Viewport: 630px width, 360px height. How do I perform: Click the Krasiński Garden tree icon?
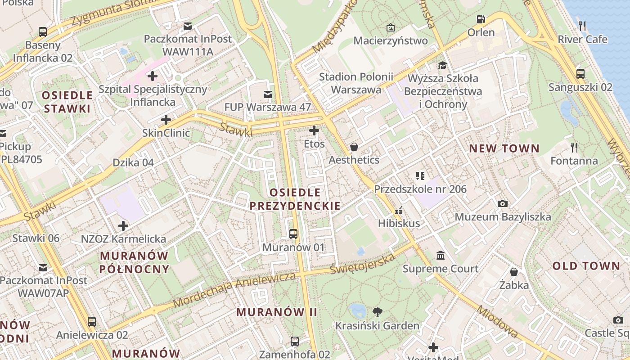click(x=378, y=312)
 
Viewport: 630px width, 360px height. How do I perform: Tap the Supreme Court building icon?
click(x=441, y=256)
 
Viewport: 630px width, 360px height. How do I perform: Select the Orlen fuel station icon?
click(x=481, y=19)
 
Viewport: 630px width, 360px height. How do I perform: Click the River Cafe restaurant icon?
click(x=583, y=26)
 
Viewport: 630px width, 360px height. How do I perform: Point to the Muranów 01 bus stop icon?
click(x=293, y=234)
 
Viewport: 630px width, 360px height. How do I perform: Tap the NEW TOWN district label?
click(x=504, y=148)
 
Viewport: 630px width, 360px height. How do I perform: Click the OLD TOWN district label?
click(x=586, y=266)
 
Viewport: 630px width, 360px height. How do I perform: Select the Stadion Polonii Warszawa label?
click(x=356, y=83)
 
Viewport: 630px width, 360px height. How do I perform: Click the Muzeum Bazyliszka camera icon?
click(x=503, y=204)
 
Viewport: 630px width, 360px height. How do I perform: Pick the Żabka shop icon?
click(x=513, y=272)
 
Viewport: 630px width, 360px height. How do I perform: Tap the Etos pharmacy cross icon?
click(x=314, y=131)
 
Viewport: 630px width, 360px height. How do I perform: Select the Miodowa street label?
click(x=497, y=322)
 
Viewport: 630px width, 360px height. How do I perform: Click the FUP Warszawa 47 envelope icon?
click(x=268, y=94)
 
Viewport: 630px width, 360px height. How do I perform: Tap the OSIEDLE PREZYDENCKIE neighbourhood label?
click(x=295, y=199)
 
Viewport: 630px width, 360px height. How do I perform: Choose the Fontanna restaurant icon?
click(x=574, y=147)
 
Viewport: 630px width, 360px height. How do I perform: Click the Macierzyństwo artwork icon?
click(x=391, y=27)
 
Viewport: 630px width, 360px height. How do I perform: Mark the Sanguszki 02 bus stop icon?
click(x=580, y=74)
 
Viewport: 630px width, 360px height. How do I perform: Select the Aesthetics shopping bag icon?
click(x=354, y=147)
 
